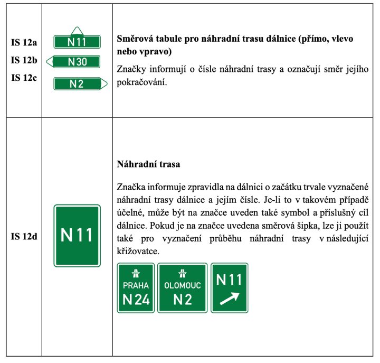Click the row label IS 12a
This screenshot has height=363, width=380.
24,43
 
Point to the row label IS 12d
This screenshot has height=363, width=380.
24,236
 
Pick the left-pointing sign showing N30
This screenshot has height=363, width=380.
74,62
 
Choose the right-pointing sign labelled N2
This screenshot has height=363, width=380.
79,83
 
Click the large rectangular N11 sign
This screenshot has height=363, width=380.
77,236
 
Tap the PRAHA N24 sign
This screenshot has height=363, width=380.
136,288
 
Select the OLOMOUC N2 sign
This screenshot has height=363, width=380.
183,288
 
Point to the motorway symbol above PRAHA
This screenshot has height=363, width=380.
136,273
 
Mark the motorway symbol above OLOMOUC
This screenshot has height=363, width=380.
183,273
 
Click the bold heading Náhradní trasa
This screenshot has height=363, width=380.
148,164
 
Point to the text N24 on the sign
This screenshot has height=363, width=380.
136,301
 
